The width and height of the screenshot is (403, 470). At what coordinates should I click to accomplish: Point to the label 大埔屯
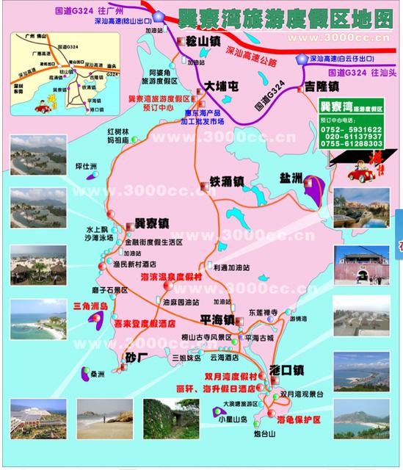220,86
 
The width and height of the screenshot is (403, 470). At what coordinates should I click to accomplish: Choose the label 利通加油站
233,268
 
